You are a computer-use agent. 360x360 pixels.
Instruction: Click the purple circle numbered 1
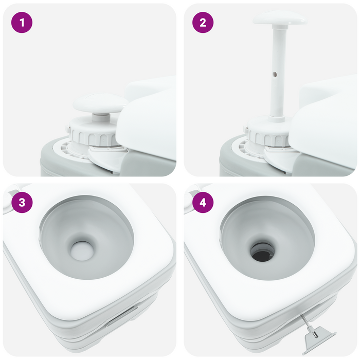click(x=22, y=23)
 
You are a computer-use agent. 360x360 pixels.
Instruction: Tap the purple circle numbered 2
click(x=203, y=23)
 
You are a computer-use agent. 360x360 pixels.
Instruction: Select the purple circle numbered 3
click(x=22, y=203)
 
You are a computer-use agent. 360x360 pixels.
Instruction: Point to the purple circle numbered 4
click(x=203, y=203)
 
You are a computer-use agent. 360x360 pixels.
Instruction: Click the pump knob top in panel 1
click(x=100, y=103)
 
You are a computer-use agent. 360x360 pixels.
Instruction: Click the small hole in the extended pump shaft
click(x=275, y=74)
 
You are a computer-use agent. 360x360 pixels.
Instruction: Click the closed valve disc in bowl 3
click(x=82, y=251)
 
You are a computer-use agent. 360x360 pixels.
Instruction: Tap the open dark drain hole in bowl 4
click(x=263, y=253)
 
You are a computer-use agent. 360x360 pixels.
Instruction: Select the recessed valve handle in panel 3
click(x=122, y=316)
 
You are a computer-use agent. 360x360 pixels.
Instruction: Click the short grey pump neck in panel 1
click(x=101, y=117)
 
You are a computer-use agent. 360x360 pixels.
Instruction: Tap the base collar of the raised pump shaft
click(x=277, y=119)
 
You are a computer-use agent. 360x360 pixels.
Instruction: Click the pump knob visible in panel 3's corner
click(x=9, y=197)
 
